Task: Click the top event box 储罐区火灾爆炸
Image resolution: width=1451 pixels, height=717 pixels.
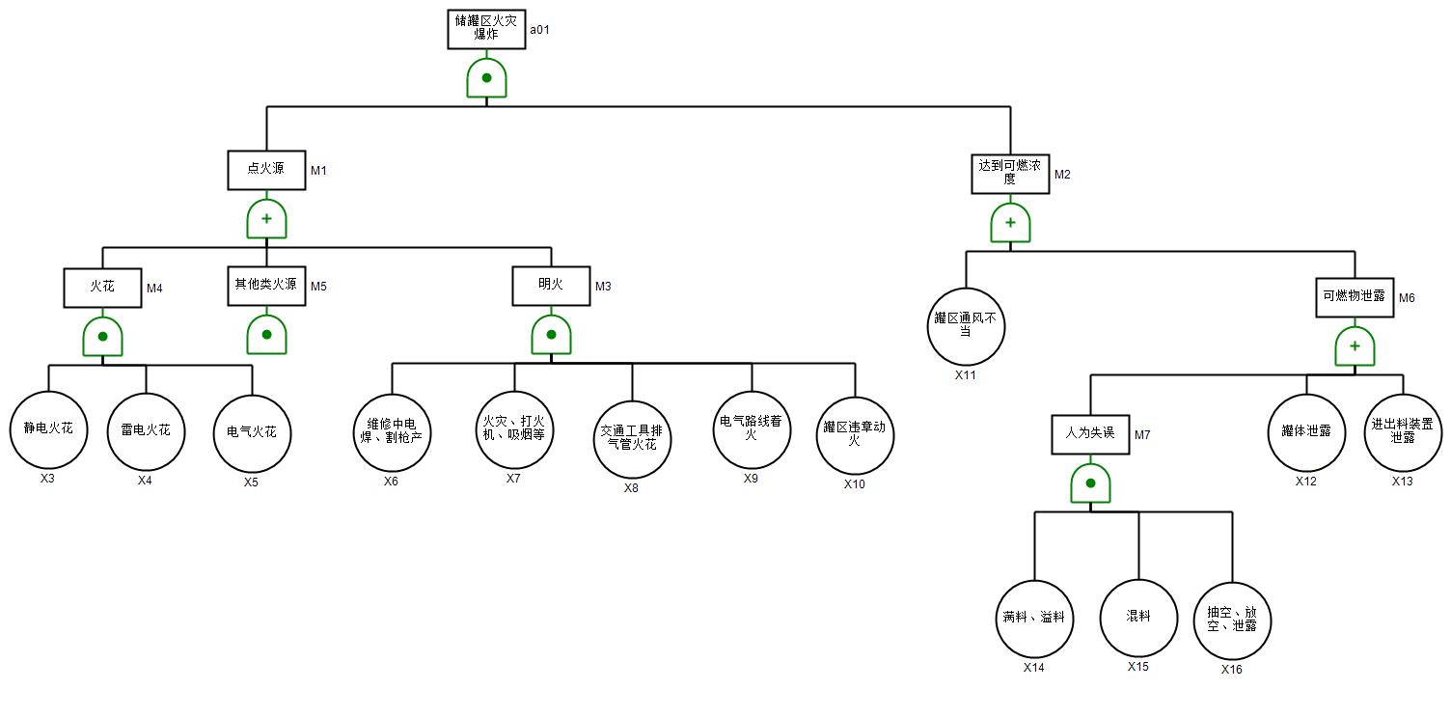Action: coord(486,29)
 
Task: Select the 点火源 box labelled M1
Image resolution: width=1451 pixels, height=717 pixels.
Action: coord(266,170)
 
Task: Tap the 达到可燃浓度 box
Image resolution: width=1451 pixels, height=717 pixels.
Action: coord(1010,174)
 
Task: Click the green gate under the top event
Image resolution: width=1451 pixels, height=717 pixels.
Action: coord(486,78)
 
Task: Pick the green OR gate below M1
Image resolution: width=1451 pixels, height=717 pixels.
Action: coord(266,219)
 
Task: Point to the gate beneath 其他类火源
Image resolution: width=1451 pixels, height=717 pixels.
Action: coord(266,335)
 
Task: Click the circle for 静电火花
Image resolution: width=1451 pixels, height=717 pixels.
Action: coord(48,429)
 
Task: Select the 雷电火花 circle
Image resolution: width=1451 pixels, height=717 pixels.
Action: coord(146,430)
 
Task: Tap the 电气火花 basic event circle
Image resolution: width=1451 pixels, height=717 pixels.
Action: coord(252,432)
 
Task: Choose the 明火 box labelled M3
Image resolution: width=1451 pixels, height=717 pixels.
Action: coord(551,286)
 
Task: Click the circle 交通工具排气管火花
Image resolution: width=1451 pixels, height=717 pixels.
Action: coord(632,440)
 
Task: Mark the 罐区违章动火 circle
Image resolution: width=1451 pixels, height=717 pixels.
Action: coord(855,435)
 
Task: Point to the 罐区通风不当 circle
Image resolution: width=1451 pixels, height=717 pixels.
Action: coord(966,326)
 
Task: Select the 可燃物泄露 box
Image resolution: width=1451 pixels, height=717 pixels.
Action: coord(1355,297)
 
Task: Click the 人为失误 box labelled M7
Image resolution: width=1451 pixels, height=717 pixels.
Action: coord(1090,434)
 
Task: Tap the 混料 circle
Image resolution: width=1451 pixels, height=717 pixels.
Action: coord(1138,618)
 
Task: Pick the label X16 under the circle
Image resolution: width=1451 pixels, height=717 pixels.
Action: coord(1232,670)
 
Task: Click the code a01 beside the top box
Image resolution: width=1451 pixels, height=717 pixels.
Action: coord(539,30)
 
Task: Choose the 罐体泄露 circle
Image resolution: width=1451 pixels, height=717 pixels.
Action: coord(1306,432)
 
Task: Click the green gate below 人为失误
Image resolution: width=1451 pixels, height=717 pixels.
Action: coord(1090,483)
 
